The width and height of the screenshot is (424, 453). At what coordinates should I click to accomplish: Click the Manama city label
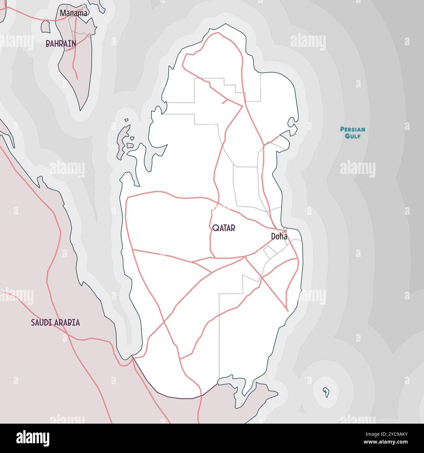click(73, 13)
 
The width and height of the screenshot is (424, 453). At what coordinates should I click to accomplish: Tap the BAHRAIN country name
click(61, 43)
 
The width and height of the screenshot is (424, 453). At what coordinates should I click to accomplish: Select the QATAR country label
click(223, 228)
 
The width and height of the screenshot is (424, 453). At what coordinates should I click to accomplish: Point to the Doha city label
click(279, 237)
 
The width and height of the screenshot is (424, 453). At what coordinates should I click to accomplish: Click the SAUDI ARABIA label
click(55, 323)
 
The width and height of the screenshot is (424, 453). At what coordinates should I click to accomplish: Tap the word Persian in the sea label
click(353, 129)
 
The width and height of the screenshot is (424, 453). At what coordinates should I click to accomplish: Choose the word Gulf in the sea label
click(353, 136)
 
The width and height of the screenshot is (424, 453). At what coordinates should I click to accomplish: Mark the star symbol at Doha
click(285, 229)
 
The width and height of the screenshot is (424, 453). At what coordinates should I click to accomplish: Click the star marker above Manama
click(84, 6)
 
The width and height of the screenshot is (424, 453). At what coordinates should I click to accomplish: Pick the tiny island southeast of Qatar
click(326, 392)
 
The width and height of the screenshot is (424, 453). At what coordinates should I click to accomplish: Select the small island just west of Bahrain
click(45, 27)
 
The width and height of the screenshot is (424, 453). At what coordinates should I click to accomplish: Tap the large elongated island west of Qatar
click(123, 140)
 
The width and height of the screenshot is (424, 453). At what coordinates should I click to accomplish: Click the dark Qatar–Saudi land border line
click(176, 397)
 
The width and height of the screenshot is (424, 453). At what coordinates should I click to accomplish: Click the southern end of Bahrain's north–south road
click(77, 79)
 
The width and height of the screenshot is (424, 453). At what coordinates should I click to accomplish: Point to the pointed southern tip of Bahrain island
click(81, 110)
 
